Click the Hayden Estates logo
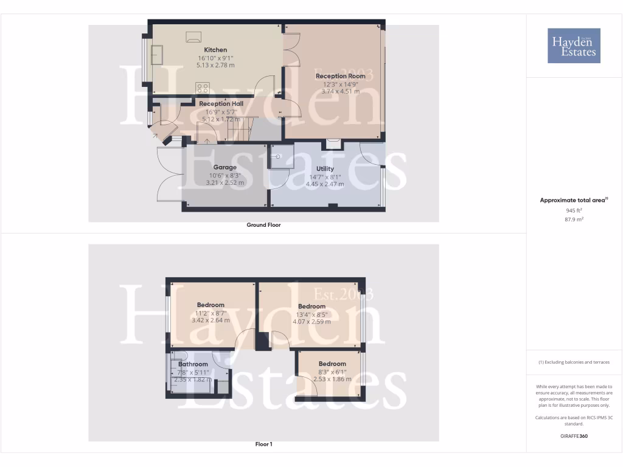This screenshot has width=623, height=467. (574, 46)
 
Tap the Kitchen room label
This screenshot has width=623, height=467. (215, 50)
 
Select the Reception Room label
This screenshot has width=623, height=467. (340, 76)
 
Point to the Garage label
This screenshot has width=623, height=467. (224, 167)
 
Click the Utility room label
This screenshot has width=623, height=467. (325, 169)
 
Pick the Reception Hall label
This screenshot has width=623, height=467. (221, 104)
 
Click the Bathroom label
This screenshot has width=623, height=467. (193, 365)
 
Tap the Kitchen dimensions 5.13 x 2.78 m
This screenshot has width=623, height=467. (215, 65)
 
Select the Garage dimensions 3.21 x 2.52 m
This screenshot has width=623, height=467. (224, 182)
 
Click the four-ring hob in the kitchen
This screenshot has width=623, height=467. (203, 88)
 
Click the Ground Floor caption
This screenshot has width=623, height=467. (263, 225)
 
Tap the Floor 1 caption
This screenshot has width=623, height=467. (263, 445)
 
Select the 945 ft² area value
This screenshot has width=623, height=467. (574, 210)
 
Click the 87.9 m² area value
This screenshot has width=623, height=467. (574, 220)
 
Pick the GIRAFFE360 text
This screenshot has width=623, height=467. (574, 436)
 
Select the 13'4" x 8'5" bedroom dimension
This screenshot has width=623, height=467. (311, 314)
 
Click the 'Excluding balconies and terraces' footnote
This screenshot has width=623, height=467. (574, 362)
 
